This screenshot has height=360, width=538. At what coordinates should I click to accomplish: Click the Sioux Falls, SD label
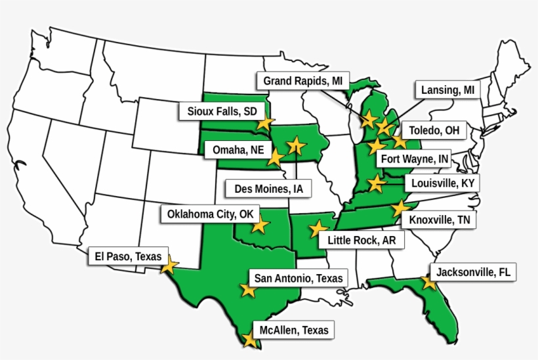[x=222, y=111]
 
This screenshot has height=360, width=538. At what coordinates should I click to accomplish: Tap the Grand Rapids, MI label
[x=302, y=81]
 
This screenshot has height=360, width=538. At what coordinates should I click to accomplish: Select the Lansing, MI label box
[x=447, y=90]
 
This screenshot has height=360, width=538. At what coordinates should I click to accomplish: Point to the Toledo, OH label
[x=434, y=130]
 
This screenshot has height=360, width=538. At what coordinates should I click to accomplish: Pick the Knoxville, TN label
[x=438, y=220]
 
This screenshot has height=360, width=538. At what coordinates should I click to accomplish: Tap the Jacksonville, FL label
[x=473, y=271]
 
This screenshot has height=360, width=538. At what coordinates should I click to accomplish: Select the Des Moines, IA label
[x=268, y=189]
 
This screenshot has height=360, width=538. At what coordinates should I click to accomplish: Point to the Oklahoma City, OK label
[x=209, y=214]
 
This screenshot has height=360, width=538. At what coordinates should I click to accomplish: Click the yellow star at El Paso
[x=169, y=265]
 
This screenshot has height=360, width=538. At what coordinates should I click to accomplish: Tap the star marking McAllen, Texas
[x=249, y=340]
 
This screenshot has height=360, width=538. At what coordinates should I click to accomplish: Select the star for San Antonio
[x=248, y=289]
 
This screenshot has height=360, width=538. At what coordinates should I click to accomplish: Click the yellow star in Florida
[x=428, y=283]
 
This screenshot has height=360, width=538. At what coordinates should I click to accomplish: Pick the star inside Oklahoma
[x=260, y=225]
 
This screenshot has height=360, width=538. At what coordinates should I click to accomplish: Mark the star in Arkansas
[x=318, y=228]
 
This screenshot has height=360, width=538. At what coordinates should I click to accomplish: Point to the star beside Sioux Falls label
[x=264, y=122]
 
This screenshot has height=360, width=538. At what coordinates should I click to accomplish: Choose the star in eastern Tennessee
[x=398, y=208]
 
